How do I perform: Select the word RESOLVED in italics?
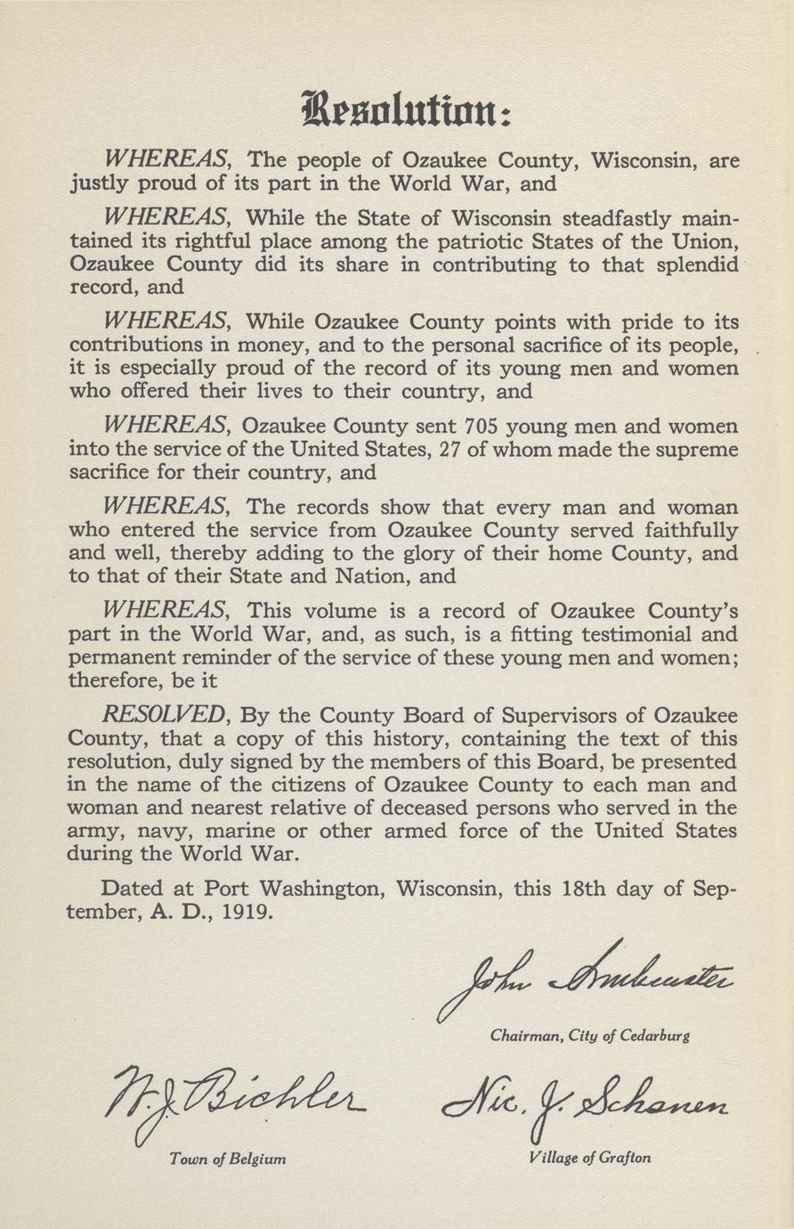165,714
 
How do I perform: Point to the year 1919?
247,913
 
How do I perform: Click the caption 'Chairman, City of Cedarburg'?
589,1036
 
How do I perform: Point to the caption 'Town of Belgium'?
227,1160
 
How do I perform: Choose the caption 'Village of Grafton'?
589,1159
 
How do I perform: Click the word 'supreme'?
694,450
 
